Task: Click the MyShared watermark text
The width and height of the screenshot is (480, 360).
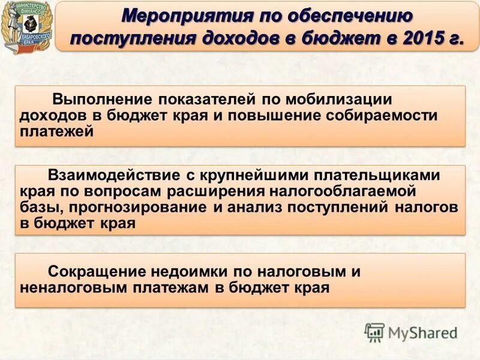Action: [x=423, y=332]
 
